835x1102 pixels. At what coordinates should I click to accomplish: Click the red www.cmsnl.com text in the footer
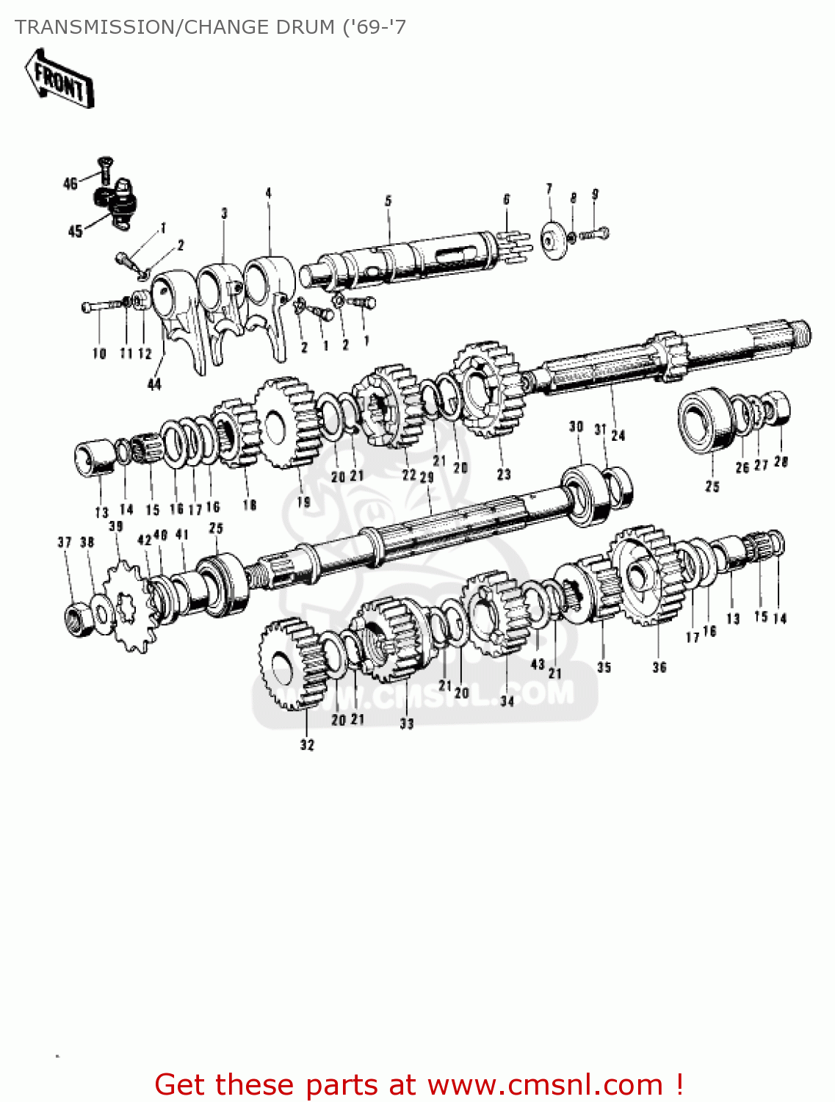click(x=545, y=1084)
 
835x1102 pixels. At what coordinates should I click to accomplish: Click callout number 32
click(x=307, y=745)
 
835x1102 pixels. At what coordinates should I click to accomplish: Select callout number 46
click(x=70, y=183)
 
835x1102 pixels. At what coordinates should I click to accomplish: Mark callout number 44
click(x=154, y=384)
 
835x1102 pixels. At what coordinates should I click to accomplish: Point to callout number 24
click(x=618, y=435)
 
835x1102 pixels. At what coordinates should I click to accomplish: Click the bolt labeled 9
click(x=595, y=234)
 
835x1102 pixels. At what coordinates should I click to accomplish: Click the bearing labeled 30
click(x=584, y=494)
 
